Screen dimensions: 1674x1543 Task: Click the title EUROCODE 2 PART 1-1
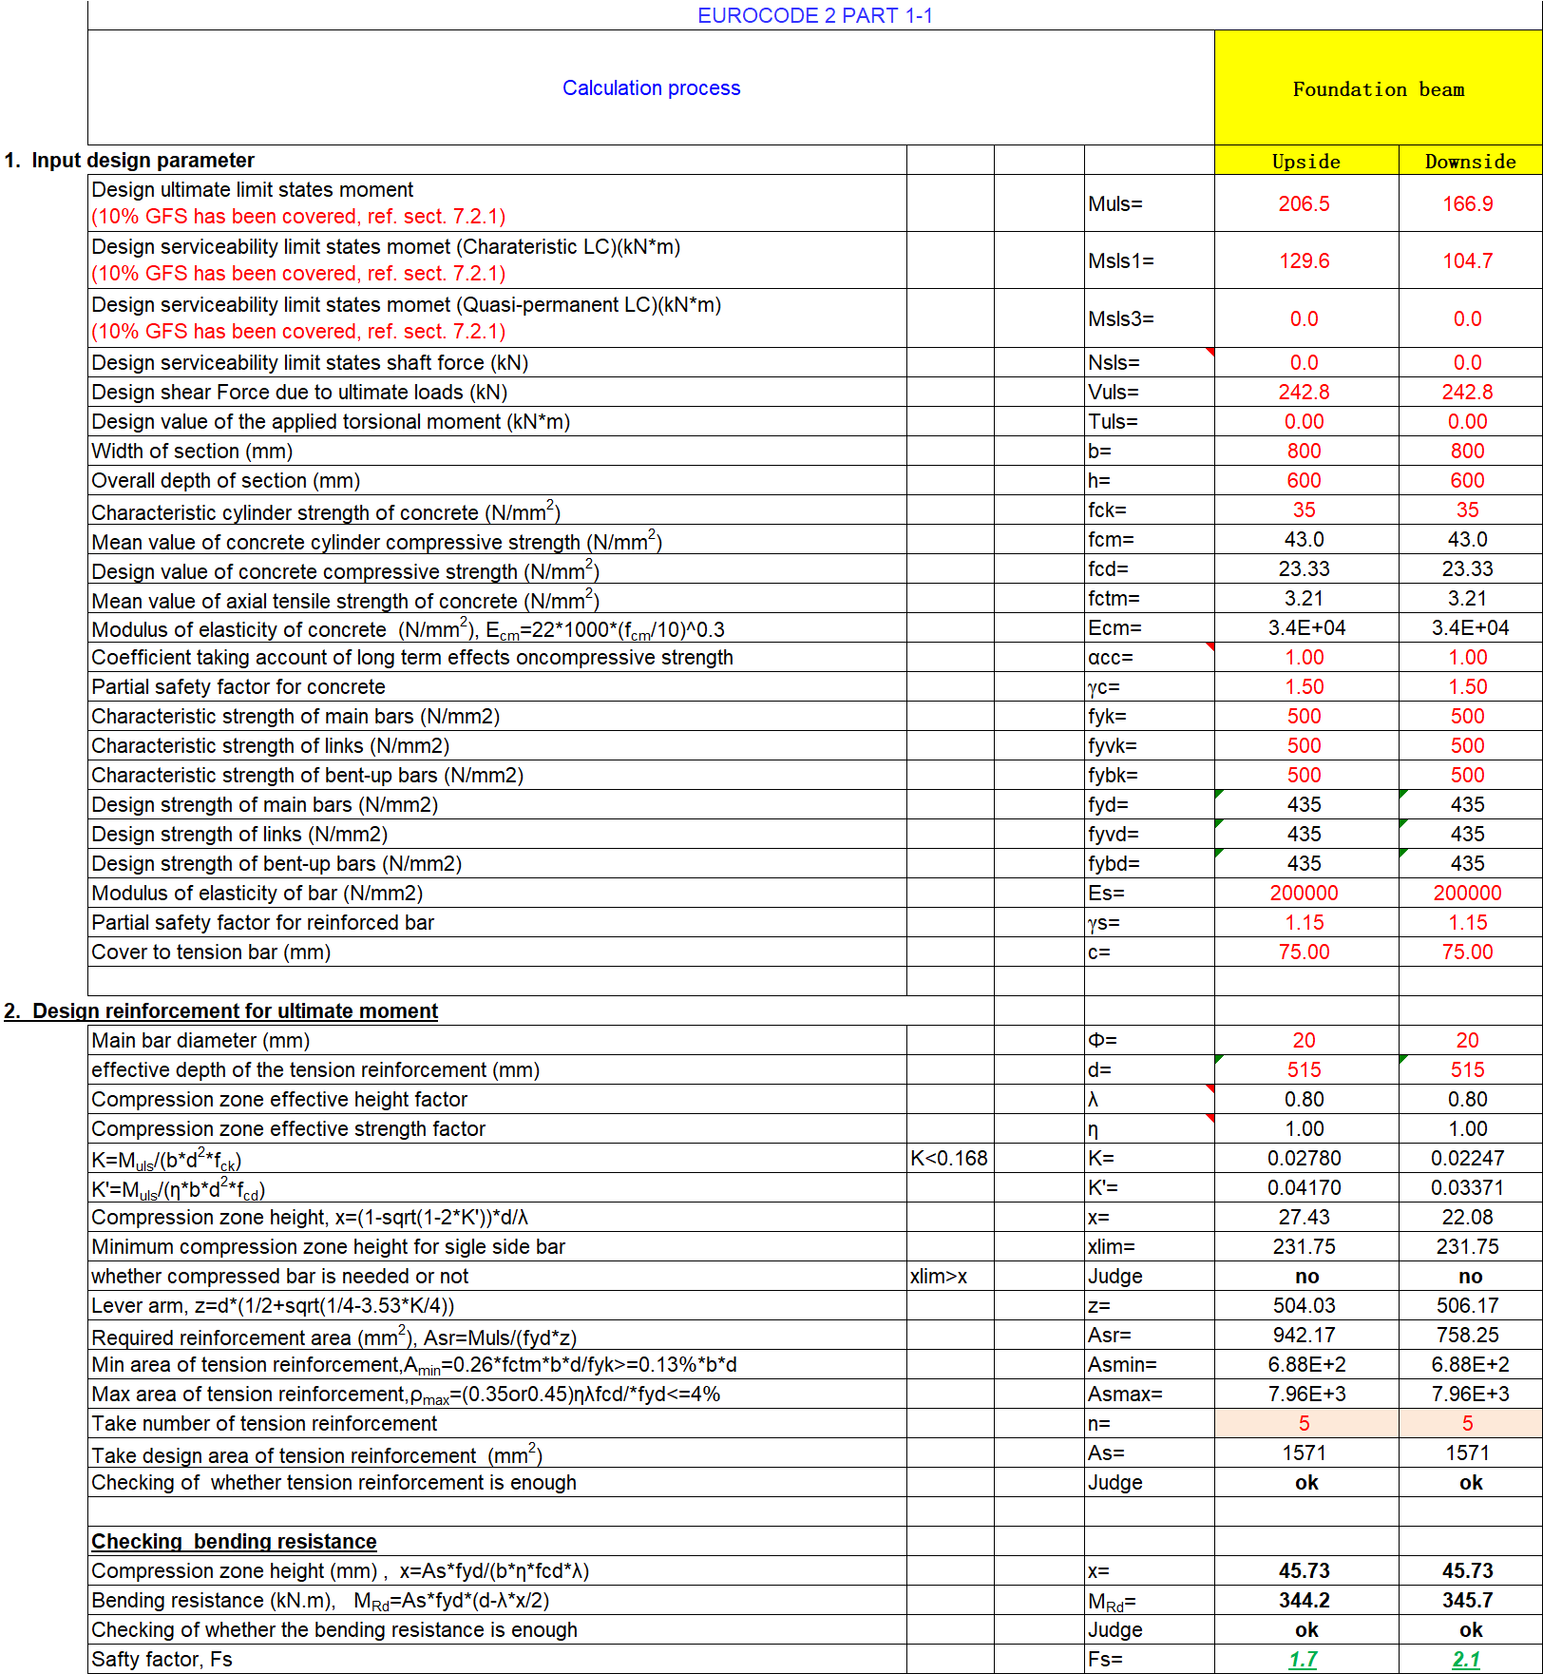[814, 15]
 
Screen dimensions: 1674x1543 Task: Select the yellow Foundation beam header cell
[1378, 89]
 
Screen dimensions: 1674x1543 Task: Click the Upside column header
[1305, 162]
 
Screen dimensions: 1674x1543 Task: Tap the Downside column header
[1470, 162]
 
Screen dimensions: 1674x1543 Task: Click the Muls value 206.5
[1304, 204]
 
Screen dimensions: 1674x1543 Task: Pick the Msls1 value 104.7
[1467, 261]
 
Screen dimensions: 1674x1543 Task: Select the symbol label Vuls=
[1114, 393]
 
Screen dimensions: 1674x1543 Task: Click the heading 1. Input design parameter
[129, 161]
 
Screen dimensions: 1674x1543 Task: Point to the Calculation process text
[651, 88]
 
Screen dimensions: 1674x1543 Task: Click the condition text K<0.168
[948, 1159]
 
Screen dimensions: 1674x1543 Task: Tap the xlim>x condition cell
[939, 1277]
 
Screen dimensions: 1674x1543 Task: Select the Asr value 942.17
[1304, 1336]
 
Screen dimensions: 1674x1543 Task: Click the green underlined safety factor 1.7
[1303, 1660]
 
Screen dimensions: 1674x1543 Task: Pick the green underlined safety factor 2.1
[1466, 1660]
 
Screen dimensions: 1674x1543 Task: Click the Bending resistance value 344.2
[1304, 1601]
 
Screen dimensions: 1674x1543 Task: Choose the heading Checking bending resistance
[234, 1542]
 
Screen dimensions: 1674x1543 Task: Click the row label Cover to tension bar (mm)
[211, 952]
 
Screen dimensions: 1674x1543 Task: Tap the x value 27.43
[1304, 1218]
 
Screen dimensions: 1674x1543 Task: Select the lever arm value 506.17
[1467, 1306]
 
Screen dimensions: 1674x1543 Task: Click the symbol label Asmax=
[1125, 1395]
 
